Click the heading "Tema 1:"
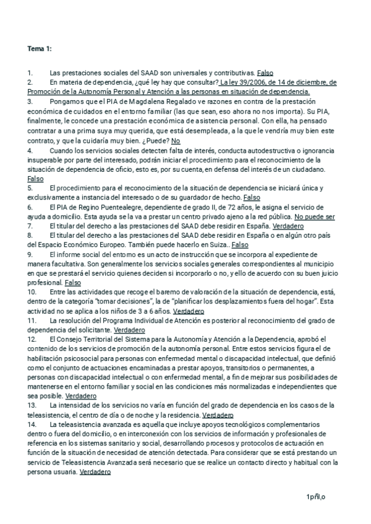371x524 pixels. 40,48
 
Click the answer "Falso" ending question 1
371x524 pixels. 265,72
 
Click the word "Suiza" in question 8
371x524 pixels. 212,245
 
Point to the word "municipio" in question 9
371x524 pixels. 322,264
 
